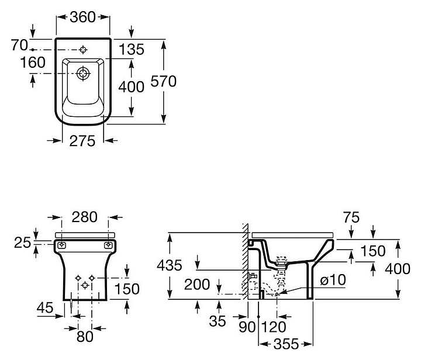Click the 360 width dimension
(82, 17)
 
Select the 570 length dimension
(164, 82)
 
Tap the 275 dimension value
(82, 142)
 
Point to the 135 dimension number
(132, 50)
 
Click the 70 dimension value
(19, 45)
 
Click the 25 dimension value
(23, 241)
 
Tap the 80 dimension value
(85, 336)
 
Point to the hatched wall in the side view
(245, 263)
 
